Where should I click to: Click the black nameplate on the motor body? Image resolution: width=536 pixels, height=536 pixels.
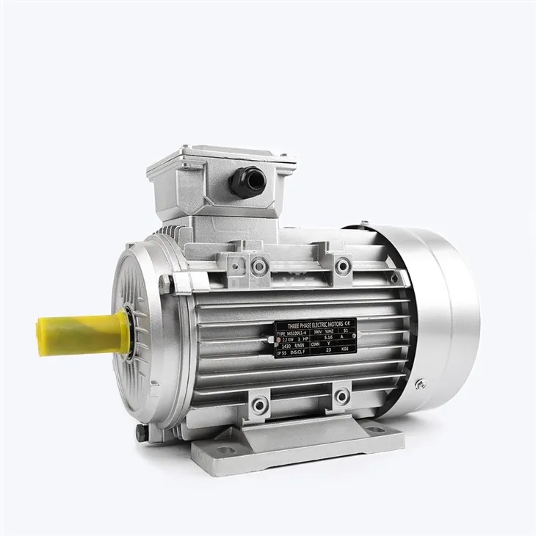point(315,338)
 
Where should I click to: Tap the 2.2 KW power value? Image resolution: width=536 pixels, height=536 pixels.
point(288,338)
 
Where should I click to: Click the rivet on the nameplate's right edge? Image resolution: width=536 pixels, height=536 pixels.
point(354,336)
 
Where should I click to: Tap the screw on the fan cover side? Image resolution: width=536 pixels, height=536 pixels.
point(421,383)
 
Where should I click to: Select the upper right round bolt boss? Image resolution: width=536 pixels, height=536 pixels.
point(342,265)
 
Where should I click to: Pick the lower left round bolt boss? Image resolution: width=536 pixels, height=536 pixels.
point(260,404)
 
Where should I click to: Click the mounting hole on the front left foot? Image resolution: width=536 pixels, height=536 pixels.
point(225,449)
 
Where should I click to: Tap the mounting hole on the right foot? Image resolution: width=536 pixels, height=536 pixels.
point(375,429)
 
